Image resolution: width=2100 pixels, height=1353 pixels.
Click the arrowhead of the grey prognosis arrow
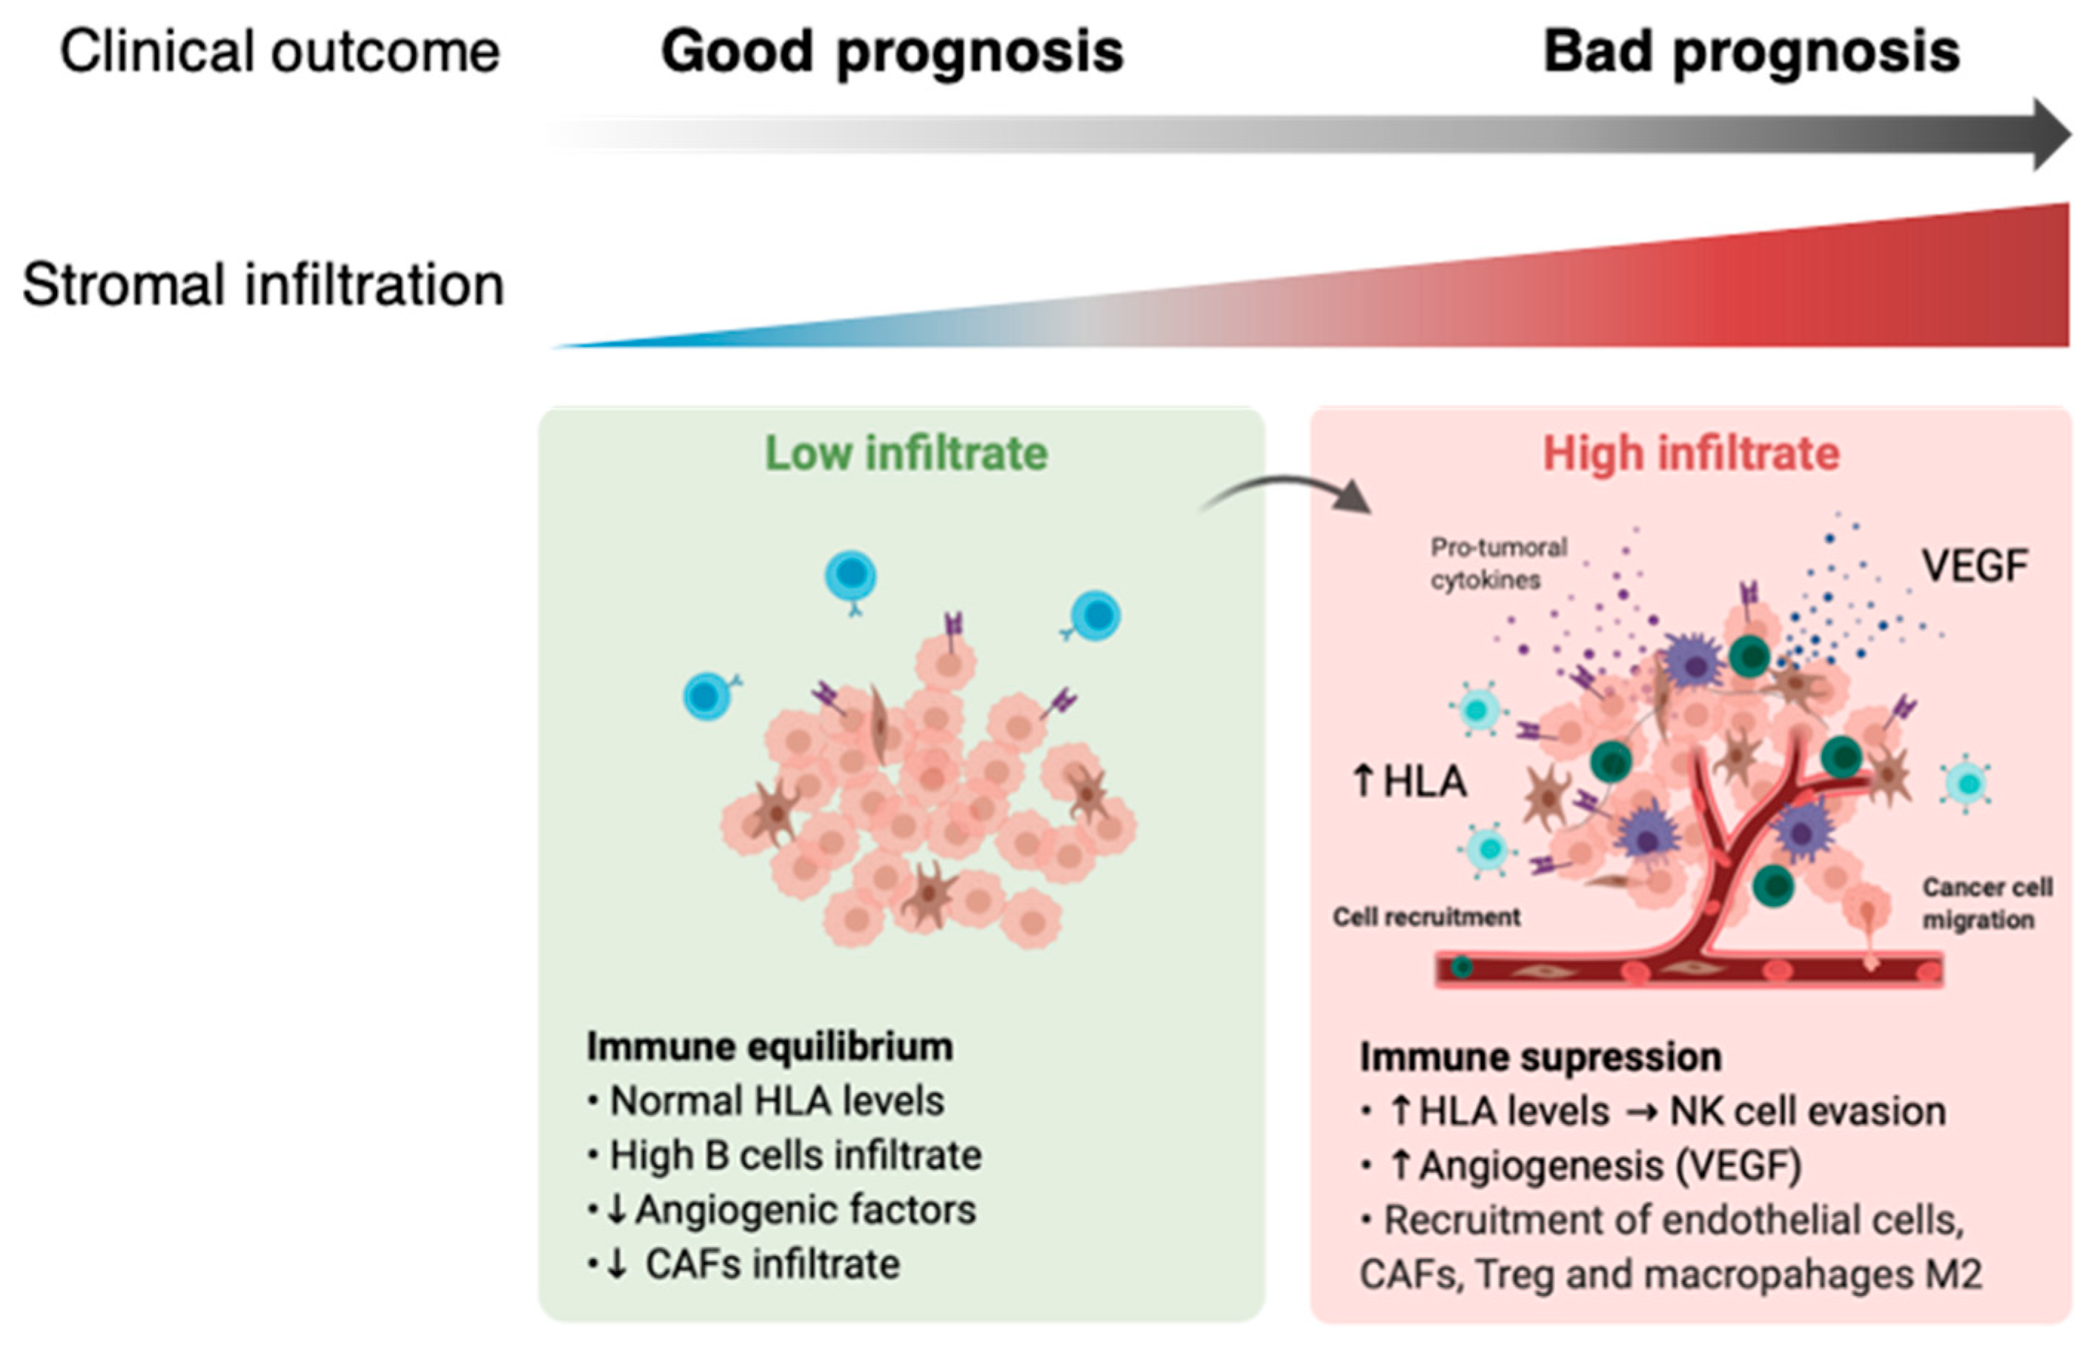coord(2052,134)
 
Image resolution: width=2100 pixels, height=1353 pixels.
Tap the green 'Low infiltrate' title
coord(906,453)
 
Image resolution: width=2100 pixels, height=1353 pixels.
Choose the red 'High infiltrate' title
coord(1691,453)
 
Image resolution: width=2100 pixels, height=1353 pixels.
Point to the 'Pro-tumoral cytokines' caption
coord(1498,563)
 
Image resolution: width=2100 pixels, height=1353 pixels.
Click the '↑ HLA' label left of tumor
coord(1409,781)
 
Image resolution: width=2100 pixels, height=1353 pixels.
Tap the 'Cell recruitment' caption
coord(1426,917)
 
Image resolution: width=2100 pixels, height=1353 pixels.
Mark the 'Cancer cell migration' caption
coord(1987,903)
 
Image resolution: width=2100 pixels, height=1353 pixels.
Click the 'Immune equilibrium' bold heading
coord(769,1046)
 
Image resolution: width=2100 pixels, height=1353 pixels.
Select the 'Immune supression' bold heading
coord(1540,1057)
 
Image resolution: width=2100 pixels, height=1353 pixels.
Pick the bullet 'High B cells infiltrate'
coord(795,1155)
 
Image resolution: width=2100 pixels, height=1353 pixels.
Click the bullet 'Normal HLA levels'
coord(777,1101)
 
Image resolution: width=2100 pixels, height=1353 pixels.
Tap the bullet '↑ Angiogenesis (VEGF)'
coord(1594,1166)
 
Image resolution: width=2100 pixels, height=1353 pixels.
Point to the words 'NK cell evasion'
coord(1806,1111)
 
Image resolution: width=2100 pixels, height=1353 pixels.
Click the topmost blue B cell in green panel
coord(849,576)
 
